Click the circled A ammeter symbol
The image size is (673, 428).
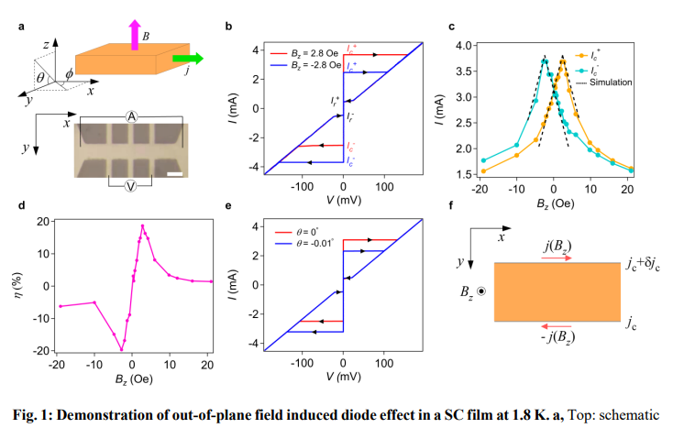click(x=131, y=116)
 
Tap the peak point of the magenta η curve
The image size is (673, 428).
click(x=142, y=225)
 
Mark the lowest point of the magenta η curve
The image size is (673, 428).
click(x=121, y=349)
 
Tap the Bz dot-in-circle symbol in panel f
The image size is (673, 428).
click(x=483, y=291)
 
